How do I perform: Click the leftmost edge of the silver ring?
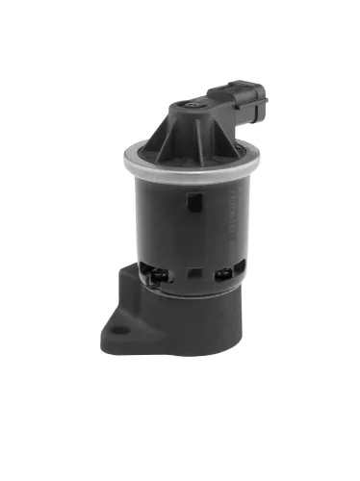[124, 154]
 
